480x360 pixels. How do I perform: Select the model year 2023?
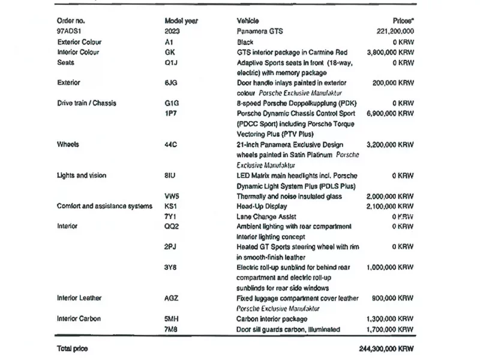coord(172,31)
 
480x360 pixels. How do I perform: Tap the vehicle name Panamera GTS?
coord(260,31)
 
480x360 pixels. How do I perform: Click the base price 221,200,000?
coord(394,31)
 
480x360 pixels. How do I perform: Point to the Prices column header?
coord(403,21)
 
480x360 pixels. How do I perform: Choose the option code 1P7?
coord(170,113)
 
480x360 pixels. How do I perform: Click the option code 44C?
coord(170,145)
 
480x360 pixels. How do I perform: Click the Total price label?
coord(72,349)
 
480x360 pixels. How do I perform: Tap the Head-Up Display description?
coord(262,206)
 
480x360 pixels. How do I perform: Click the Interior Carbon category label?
coord(79,319)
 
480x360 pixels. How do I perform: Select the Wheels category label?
coord(68,145)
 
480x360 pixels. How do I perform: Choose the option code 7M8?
coord(171,329)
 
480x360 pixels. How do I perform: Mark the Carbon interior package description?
coord(272,319)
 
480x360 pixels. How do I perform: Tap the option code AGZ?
coord(171,298)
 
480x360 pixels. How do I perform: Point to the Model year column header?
coord(181,21)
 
